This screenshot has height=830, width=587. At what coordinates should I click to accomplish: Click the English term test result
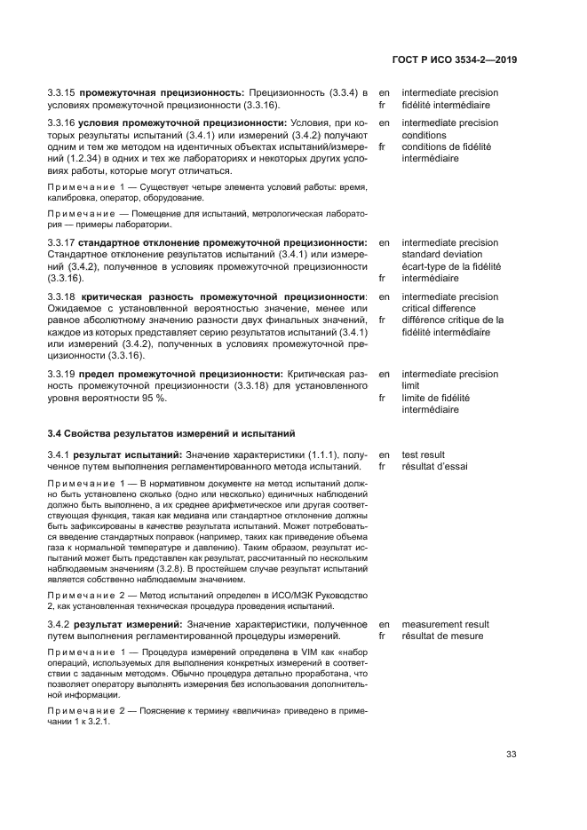coord(423,455)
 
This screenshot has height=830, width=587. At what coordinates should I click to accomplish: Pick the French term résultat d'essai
coord(434,466)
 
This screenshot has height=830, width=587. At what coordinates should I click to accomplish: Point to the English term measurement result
coord(445,625)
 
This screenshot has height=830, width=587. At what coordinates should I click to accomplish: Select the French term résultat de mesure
coord(442,636)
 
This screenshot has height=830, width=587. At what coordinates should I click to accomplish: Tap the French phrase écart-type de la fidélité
coord(451,266)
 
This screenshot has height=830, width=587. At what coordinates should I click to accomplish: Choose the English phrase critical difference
coord(440,309)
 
